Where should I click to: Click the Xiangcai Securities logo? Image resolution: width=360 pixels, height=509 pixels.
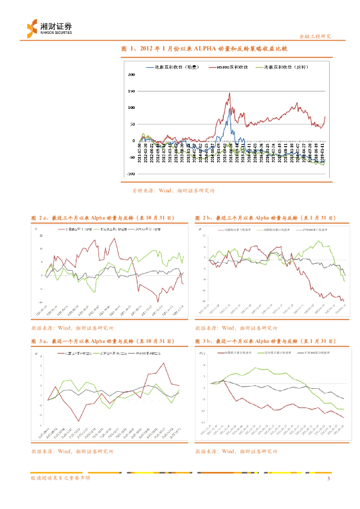pyautogui.click(x=49, y=28)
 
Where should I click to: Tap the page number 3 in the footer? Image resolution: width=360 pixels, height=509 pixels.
pyautogui.click(x=329, y=478)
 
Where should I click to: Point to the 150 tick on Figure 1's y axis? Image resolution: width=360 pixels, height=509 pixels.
pyautogui.click(x=131, y=91)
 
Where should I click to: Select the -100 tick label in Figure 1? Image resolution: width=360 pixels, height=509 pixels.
pyautogui.click(x=130, y=174)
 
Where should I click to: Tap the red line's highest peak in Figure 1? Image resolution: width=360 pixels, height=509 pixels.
pyautogui.click(x=229, y=93)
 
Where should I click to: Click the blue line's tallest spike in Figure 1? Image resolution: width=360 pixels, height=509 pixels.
pyautogui.click(x=230, y=109)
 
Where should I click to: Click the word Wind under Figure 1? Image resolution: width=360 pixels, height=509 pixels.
pyautogui.click(x=165, y=190)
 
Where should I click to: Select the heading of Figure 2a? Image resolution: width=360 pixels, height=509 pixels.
pyautogui.click(x=103, y=218)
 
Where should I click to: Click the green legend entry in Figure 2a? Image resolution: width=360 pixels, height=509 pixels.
pyautogui.click(x=109, y=229)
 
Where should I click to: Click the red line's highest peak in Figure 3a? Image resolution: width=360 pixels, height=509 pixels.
pyautogui.click(x=165, y=363)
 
